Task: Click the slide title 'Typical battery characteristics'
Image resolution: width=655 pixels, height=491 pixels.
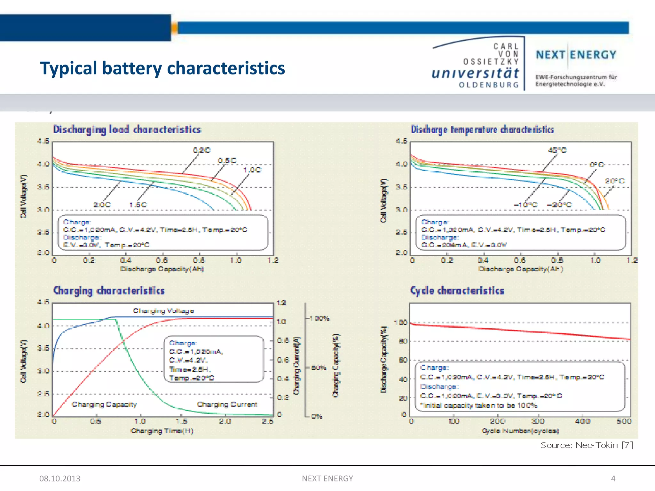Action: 162,68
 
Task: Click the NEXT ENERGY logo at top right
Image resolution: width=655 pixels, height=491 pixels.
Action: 576,55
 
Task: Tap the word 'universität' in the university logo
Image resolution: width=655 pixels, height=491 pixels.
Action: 475,73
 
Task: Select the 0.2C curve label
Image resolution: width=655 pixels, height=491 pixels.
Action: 201,150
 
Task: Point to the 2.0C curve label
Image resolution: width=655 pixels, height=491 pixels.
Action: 102,205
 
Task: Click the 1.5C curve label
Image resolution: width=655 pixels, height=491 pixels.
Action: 138,205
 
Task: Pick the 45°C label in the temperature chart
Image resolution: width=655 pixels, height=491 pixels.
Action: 557,150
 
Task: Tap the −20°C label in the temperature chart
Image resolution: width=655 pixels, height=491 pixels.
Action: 559,205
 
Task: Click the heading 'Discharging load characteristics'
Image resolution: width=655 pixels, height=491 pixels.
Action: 127,129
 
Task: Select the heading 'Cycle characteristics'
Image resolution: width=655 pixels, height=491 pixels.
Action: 457,291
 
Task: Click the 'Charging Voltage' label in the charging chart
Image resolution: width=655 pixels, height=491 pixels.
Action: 163,311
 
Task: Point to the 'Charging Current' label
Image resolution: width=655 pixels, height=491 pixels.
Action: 227,404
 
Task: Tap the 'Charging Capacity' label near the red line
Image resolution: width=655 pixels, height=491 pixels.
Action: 104,404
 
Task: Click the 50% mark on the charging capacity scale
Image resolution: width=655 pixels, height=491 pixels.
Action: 319,368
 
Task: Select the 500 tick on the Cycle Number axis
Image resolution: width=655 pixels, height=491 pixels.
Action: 624,421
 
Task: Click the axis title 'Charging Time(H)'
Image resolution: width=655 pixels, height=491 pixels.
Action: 162,431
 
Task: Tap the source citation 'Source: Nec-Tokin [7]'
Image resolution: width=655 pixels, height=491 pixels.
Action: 587,445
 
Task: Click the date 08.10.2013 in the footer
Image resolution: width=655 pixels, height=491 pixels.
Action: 60,479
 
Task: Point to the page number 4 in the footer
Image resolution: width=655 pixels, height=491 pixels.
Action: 613,479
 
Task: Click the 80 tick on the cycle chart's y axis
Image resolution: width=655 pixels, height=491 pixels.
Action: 403,341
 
